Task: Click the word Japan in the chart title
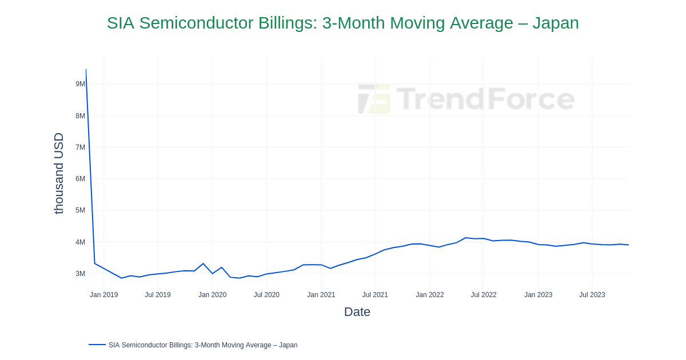pos(555,23)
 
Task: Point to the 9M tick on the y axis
pos(80,84)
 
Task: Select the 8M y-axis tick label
pos(80,116)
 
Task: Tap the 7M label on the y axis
pos(80,147)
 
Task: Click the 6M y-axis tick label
pos(80,179)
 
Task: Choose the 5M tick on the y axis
pos(80,210)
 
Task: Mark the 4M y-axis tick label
pos(80,242)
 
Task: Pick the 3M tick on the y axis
pos(80,274)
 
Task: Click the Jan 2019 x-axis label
pos(103,295)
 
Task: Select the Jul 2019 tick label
pos(158,295)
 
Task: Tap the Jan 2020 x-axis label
pos(212,295)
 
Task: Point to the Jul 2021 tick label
pos(375,295)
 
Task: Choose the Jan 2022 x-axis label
pos(430,295)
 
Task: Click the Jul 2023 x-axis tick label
pos(592,295)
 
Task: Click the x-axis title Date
pos(357,312)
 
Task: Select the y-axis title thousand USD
pos(59,173)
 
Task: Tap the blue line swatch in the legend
pos(97,345)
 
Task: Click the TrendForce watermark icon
pos(374,99)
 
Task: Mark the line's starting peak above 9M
pos(86,70)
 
